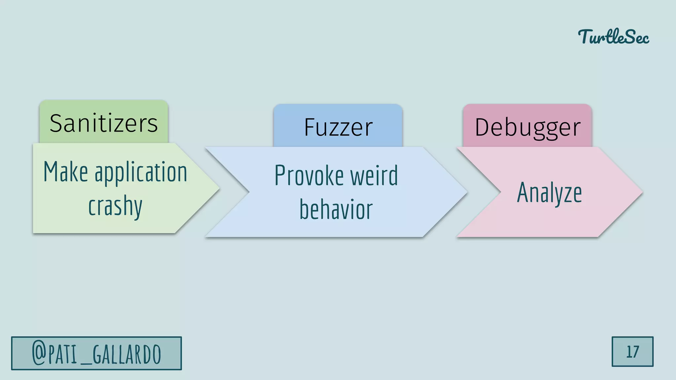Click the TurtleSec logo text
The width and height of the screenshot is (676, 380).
613,37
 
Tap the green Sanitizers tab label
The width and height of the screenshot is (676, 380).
104,123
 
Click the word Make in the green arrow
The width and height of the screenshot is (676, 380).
66,172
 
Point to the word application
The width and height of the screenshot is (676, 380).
141,173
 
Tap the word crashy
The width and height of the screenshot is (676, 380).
115,206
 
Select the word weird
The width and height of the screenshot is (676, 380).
374,175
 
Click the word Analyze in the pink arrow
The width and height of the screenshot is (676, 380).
549,193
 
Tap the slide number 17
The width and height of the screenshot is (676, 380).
632,352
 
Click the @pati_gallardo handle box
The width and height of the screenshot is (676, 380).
96,353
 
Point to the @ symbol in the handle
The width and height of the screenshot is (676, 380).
39,353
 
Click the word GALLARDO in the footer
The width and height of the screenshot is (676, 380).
127,354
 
